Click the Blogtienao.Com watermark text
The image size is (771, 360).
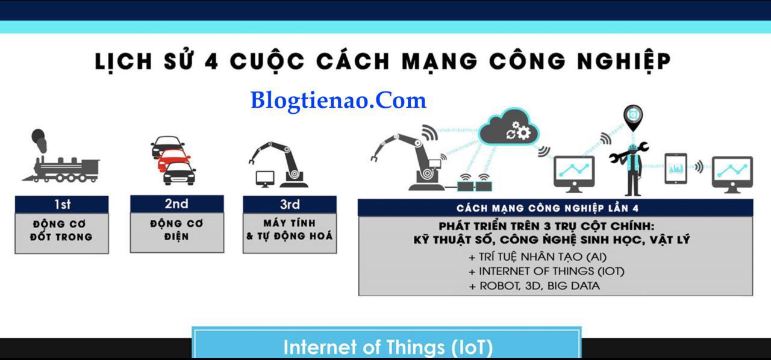339,101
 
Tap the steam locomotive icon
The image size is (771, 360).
61,157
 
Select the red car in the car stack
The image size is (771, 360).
174,160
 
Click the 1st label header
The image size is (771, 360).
62,205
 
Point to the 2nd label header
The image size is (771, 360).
177,203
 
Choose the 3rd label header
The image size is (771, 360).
290,205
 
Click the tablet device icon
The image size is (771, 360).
676,169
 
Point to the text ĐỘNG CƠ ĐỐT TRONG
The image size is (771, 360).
61,231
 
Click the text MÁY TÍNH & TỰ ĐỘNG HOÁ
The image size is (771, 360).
290,229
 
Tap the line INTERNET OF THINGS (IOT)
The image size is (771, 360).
546,272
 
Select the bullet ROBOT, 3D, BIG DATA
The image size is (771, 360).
534,286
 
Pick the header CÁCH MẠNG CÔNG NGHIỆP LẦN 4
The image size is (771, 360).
548,208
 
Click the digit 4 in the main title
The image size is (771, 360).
211,62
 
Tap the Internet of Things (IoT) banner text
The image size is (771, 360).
388,347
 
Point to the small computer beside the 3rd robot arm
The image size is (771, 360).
265,179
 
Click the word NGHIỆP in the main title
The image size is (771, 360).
624,62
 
